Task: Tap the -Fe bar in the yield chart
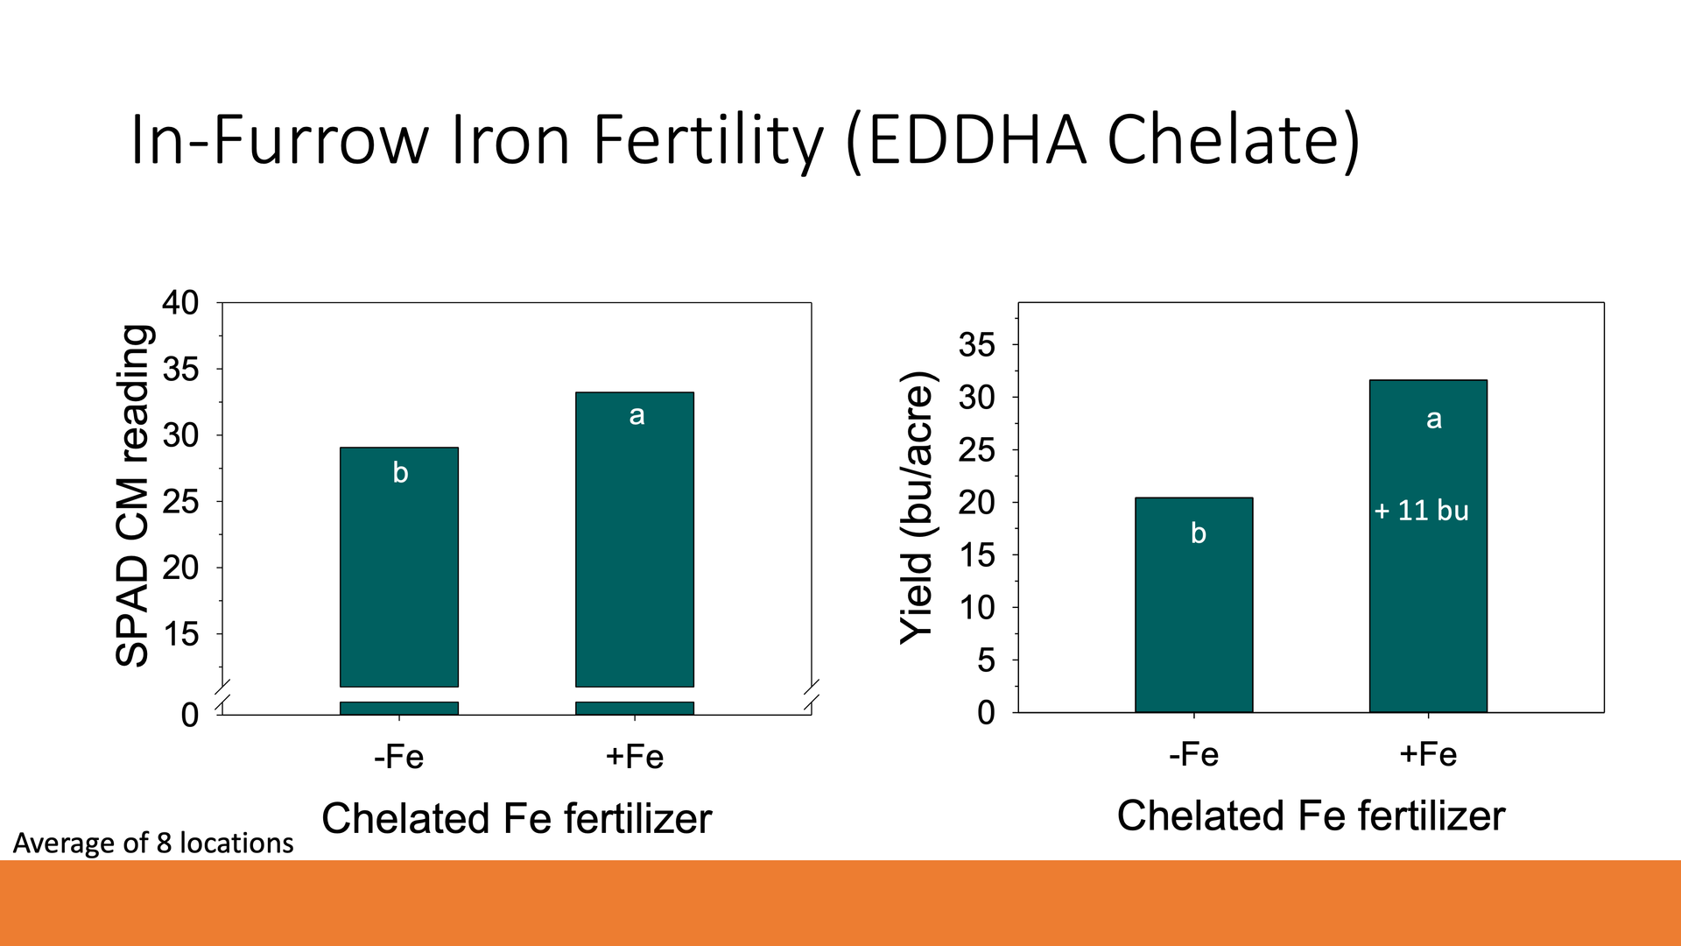[x=1193, y=613]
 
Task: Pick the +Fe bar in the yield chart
[x=1428, y=596]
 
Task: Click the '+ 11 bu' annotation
[x=1421, y=511]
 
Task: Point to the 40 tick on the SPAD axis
[x=180, y=303]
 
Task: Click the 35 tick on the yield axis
[x=976, y=345]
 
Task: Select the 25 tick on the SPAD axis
[x=180, y=502]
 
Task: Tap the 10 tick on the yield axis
[x=976, y=607]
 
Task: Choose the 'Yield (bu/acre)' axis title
[x=918, y=508]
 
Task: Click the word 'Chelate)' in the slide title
[x=1234, y=140]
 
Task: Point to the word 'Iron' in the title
[x=510, y=140]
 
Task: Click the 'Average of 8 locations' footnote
[x=153, y=843]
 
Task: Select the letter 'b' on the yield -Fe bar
[x=1199, y=533]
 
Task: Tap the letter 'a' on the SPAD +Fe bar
[x=637, y=415]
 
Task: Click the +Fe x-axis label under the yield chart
[x=1428, y=754]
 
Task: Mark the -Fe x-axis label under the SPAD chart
[x=398, y=757]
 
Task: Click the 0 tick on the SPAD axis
[x=189, y=716]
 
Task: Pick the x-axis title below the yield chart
[x=1311, y=816]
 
